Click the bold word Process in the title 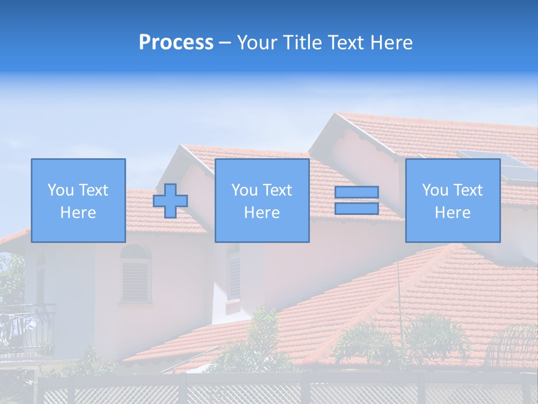[176, 43]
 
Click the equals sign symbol [356, 200]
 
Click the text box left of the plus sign [78, 200]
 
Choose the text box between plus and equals [262, 200]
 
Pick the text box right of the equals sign [453, 200]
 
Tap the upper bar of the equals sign [356, 192]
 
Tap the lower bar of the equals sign [356, 208]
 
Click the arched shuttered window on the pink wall [136, 275]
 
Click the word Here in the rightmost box [453, 213]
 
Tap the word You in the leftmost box [59, 190]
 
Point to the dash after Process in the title [225, 43]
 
